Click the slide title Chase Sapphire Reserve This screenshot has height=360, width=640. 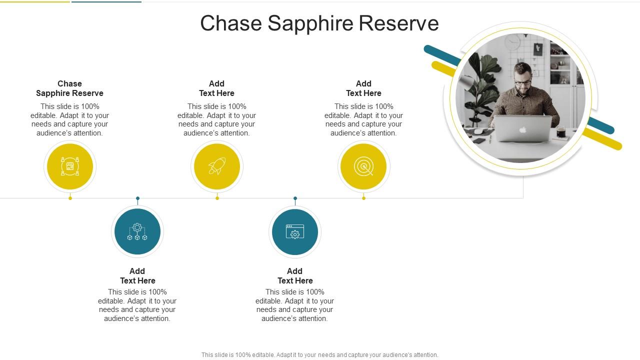coord(319,23)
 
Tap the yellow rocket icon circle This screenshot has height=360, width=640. coord(217,166)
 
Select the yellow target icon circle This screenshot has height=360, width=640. coord(363,166)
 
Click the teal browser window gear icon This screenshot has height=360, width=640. coord(295,232)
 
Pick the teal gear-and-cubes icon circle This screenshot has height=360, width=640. coord(137,232)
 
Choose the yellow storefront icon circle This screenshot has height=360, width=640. coord(70,166)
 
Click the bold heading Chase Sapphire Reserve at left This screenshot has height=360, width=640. coord(69,88)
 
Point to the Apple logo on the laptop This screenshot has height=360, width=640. coord(522,130)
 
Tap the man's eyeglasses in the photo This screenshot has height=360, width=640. coord(523,81)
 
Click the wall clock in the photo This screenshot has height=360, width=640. coord(512,42)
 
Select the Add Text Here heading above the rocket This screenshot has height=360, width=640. coord(216,88)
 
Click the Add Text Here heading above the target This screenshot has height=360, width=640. coord(363,88)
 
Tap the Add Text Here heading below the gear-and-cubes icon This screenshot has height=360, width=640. coord(137,276)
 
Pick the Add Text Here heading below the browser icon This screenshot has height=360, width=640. coord(295,276)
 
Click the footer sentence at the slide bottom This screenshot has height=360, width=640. coord(319,355)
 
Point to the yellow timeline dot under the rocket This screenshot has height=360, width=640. coord(217,198)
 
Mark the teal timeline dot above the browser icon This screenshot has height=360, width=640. coord(295,198)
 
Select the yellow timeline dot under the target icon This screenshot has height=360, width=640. coord(363,198)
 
